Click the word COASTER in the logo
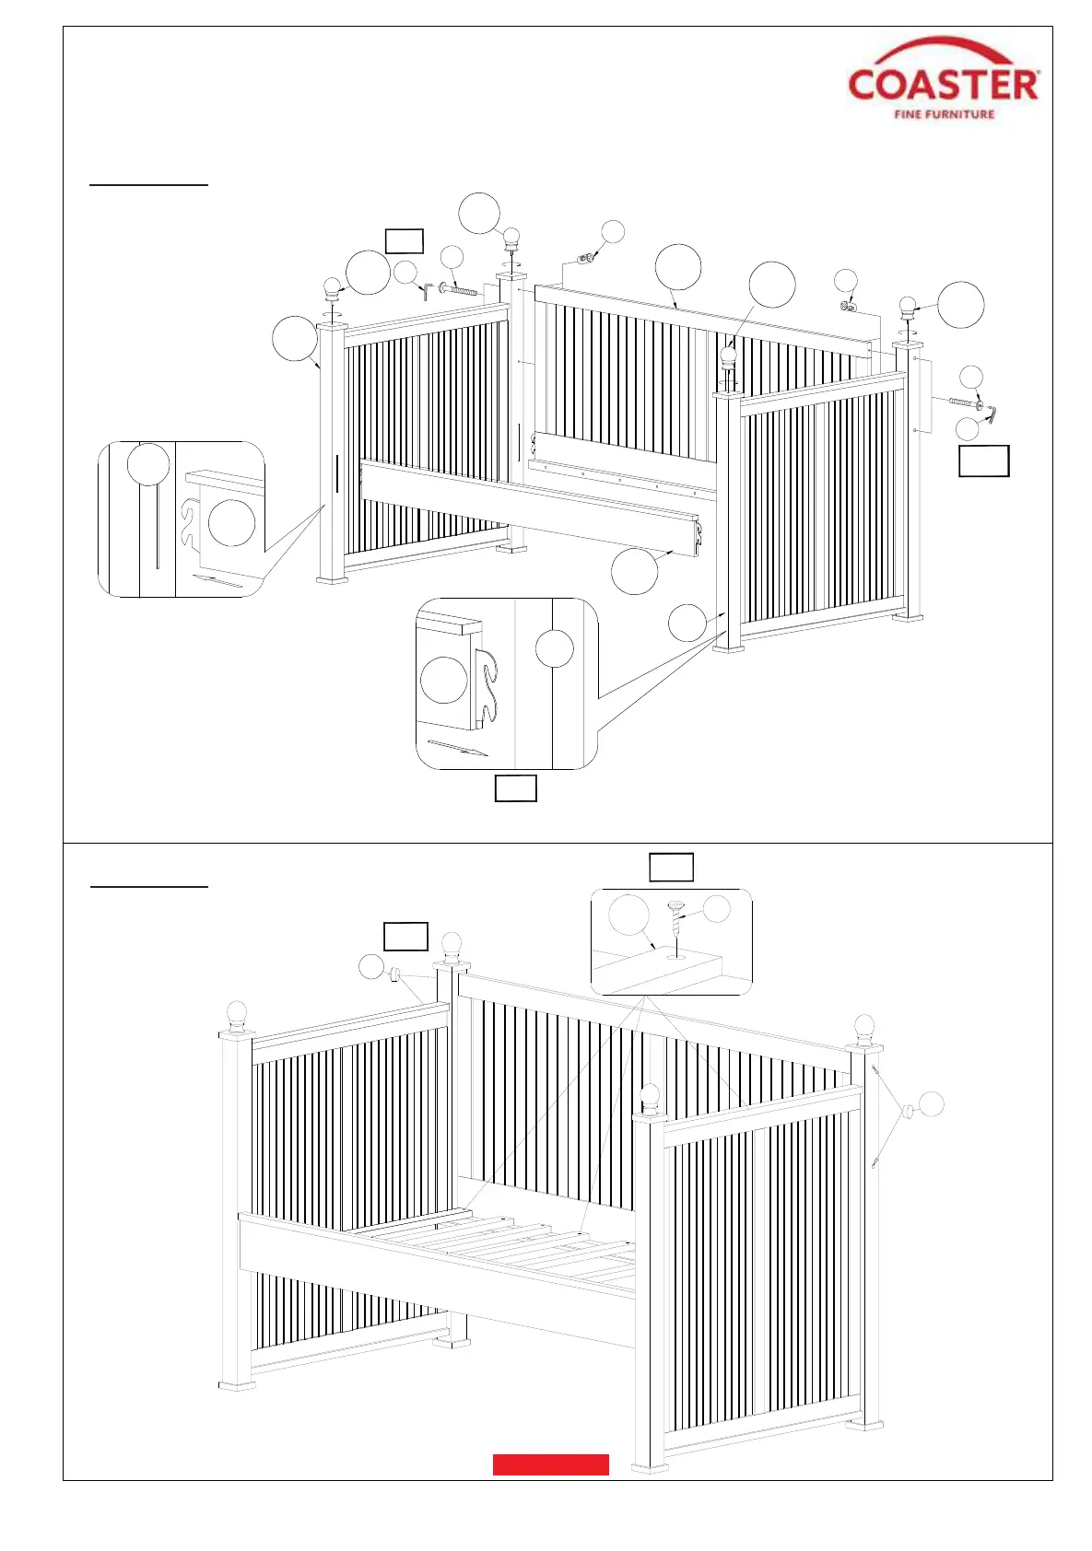coord(944,85)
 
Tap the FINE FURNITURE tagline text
coord(944,114)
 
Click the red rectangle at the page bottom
coord(550,1464)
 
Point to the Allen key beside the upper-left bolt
coord(426,290)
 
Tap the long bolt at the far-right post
coord(964,402)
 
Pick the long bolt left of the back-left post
coord(460,289)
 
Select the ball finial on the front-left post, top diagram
coord(332,288)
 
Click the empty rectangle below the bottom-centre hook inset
coord(515,789)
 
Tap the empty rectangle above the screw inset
coord(671,868)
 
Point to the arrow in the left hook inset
coord(217,579)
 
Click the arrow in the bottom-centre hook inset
coord(457,747)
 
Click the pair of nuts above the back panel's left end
coord(584,257)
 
